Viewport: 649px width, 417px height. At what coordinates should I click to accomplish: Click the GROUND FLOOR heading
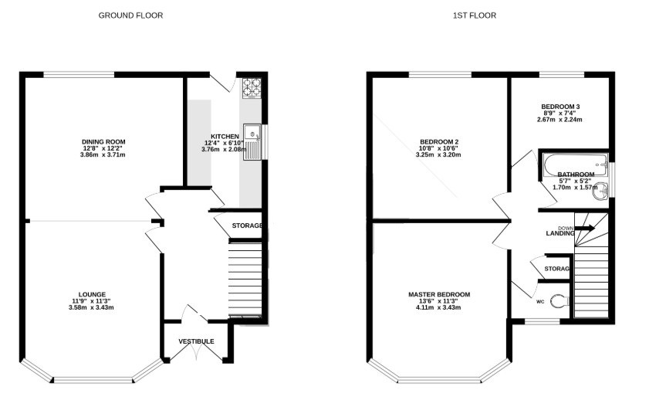[130, 15]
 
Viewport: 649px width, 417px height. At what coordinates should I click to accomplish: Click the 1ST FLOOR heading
[475, 15]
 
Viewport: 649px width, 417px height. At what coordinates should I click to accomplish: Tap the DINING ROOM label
[103, 141]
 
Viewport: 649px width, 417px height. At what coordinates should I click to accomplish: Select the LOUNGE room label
[93, 294]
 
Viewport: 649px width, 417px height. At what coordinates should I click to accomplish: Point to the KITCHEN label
[225, 136]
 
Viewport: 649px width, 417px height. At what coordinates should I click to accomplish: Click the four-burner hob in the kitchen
[252, 88]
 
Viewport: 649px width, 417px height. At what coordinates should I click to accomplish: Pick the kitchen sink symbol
[252, 142]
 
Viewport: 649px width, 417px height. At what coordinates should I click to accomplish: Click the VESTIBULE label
[196, 341]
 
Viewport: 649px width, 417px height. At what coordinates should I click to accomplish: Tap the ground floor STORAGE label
[247, 225]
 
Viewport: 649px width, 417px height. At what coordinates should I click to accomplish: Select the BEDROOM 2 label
[439, 141]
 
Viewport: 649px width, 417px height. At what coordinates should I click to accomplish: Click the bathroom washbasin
[600, 192]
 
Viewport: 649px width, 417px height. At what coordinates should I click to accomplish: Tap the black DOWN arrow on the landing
[585, 228]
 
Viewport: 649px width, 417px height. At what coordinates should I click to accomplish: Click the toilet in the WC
[560, 301]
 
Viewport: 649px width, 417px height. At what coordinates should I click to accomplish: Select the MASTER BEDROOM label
[439, 294]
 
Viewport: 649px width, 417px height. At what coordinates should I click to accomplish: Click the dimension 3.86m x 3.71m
[103, 155]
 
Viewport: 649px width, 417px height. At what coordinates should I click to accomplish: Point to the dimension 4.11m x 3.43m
[438, 307]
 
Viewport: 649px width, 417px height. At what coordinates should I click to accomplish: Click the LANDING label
[560, 233]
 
